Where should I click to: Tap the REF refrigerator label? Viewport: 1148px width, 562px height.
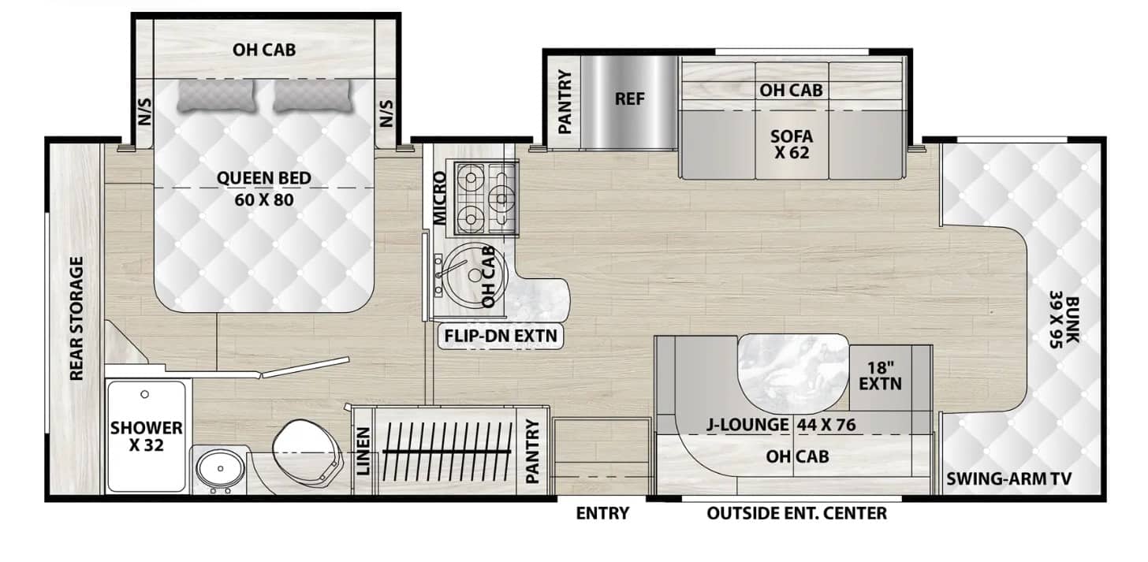point(630,99)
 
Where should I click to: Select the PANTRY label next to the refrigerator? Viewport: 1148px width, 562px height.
point(564,102)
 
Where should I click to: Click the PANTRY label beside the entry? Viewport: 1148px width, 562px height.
point(533,451)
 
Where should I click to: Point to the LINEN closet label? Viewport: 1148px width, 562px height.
point(363,452)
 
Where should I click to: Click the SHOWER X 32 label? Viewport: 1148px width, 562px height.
point(147,437)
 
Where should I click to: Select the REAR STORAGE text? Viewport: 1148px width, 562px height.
point(77,318)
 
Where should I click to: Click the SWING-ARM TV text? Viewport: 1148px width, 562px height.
point(1014,478)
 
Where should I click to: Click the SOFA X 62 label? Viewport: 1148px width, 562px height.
point(792,143)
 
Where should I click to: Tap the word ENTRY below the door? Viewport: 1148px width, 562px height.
point(602,514)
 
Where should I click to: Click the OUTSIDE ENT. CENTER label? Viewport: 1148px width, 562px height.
point(796,514)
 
